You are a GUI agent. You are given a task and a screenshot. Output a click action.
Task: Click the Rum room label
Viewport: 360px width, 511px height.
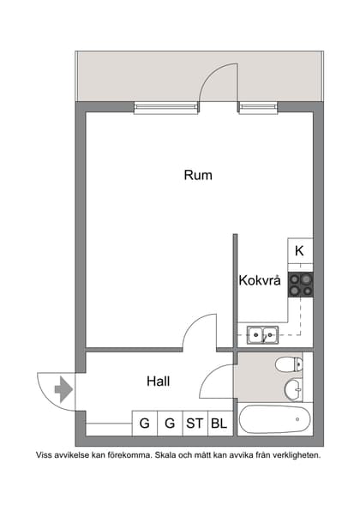(198, 175)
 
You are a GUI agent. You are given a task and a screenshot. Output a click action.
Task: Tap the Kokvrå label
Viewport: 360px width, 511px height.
(260, 280)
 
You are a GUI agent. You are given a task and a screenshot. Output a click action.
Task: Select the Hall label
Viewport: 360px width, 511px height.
(158, 381)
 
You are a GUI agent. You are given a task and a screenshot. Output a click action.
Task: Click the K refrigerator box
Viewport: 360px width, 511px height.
(299, 251)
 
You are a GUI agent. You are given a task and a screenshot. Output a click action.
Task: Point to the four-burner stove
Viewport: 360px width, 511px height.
(300, 284)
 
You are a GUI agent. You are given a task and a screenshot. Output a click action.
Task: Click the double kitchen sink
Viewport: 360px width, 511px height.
(261, 334)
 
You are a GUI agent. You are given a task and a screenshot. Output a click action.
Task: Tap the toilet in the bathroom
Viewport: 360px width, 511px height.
(289, 364)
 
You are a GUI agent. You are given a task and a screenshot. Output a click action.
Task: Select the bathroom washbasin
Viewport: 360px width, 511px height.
(293, 388)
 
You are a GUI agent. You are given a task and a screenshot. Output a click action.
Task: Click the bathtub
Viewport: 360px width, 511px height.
(274, 420)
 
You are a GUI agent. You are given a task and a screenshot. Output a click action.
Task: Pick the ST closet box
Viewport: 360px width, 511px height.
(195, 423)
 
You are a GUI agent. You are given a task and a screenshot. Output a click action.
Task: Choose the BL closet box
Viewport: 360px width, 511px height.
(219, 423)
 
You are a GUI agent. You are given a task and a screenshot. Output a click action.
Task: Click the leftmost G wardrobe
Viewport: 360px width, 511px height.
(144, 423)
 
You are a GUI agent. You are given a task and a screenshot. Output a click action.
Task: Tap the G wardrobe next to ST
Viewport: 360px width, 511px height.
(170, 423)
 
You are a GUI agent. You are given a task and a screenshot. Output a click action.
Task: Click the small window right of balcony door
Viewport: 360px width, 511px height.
(252, 107)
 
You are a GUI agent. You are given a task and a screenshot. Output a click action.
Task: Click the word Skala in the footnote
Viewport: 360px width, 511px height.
(169, 455)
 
